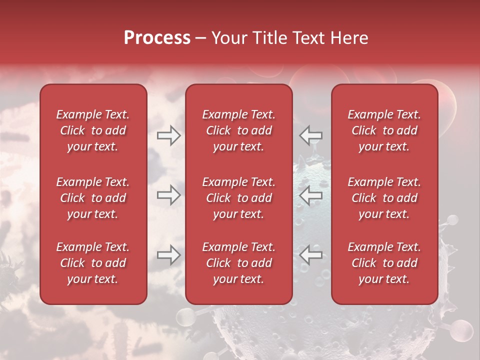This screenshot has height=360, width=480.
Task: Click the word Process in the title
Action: [x=157, y=38]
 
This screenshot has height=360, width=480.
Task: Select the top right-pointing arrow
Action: [x=168, y=135]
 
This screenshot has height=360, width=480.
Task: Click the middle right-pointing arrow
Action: [x=168, y=195]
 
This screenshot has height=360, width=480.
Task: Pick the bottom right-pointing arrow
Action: [x=168, y=255]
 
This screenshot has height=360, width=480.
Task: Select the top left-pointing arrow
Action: [x=311, y=135]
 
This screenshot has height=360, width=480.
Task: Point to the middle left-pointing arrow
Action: [x=311, y=195]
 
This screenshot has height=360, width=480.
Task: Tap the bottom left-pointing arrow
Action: [x=311, y=255]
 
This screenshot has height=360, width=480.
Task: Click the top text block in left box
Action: [x=93, y=130]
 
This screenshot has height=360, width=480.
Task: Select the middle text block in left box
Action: [x=93, y=198]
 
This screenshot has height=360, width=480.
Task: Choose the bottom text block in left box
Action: [x=93, y=263]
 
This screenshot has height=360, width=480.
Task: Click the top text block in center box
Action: [x=239, y=130]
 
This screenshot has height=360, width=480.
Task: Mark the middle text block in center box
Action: [x=239, y=198]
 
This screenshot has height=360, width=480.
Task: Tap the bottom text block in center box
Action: [x=239, y=263]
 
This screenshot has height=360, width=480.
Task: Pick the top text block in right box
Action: [x=384, y=130]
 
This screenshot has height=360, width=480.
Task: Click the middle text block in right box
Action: [x=384, y=198]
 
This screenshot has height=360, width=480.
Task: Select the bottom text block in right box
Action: [x=384, y=263]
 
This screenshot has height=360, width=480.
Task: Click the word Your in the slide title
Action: [x=227, y=38]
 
